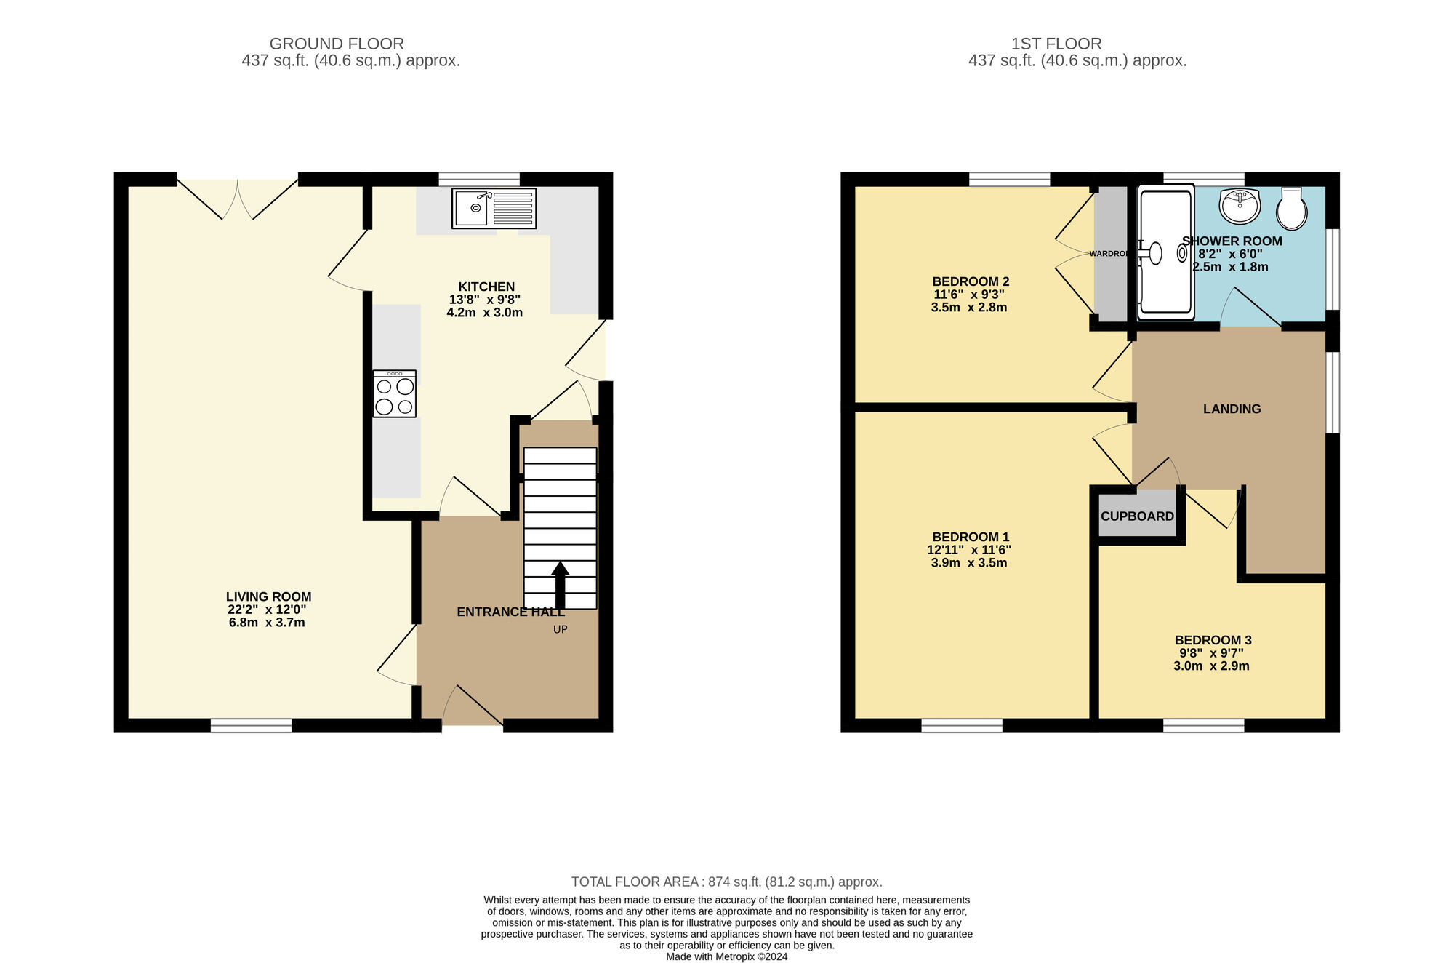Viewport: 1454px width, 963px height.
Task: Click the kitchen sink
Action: point(494,208)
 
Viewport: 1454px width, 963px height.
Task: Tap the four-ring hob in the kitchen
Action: point(395,395)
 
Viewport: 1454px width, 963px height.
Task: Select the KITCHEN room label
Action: point(486,287)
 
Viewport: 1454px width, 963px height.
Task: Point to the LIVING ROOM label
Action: point(268,596)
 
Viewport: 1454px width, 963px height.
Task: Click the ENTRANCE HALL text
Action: point(510,612)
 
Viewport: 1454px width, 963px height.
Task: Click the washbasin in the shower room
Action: point(1240,206)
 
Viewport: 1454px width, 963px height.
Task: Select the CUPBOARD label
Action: point(1137,516)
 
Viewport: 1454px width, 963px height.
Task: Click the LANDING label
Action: point(1232,409)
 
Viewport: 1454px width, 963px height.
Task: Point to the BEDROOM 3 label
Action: point(1213,640)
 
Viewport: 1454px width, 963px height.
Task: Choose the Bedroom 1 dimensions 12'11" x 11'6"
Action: point(969,550)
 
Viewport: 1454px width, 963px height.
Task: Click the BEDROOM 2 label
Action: point(971,281)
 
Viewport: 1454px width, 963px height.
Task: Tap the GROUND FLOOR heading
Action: point(337,44)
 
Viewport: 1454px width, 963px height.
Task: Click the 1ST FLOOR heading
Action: point(1056,44)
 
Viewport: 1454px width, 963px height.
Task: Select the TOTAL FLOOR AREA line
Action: point(726,882)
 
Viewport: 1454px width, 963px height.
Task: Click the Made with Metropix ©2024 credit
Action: point(726,956)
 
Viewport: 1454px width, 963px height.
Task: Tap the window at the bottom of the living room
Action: point(251,725)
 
